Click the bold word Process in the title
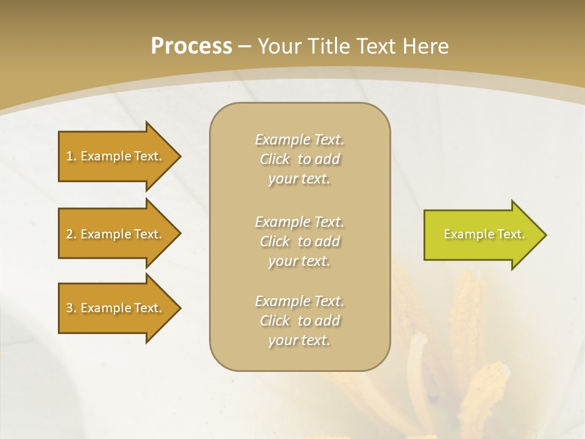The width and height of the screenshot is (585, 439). pyautogui.click(x=191, y=46)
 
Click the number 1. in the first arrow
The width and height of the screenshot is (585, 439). pyautogui.click(x=71, y=156)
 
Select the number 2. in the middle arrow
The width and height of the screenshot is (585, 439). pyautogui.click(x=71, y=234)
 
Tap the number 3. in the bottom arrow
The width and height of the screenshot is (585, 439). pyautogui.click(x=71, y=308)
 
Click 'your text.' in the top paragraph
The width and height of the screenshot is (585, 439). pyautogui.click(x=299, y=179)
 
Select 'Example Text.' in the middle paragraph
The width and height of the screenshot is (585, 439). pyautogui.click(x=299, y=222)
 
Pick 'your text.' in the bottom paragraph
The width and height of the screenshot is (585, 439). pyautogui.click(x=299, y=340)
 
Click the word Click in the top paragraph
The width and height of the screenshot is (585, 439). pyautogui.click(x=275, y=160)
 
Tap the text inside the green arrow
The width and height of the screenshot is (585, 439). pyautogui.click(x=484, y=234)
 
